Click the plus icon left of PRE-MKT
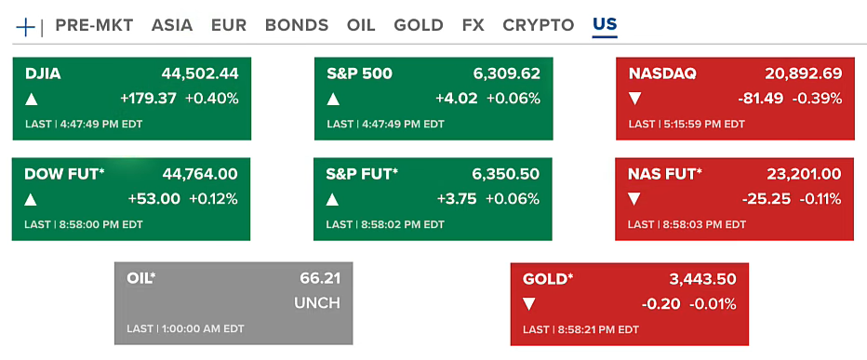point(25,27)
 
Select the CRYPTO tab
point(539,25)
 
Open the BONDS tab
point(297,25)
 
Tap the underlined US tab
point(605,24)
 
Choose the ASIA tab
point(172,25)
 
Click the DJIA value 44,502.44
point(200,73)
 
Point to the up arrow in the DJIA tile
point(32,100)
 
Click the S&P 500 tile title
point(359,73)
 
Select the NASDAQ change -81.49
point(760,99)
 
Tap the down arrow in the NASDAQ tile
point(634,100)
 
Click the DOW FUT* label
point(65,174)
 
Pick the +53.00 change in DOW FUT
point(154,199)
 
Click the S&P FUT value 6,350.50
point(506,174)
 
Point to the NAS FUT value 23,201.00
point(804,174)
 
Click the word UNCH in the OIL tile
point(317,303)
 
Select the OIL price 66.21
point(320,279)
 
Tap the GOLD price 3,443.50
point(702,279)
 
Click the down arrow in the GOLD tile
point(529,304)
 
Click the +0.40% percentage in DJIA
point(212,99)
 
